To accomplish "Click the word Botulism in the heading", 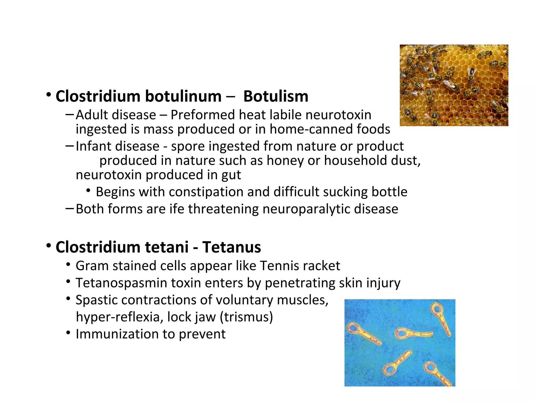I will coord(276,96).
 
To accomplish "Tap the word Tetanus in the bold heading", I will coord(231,247).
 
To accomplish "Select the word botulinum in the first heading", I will coord(183,96).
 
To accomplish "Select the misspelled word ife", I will coord(177,209).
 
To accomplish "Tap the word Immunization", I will coord(117,334).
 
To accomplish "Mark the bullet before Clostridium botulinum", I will coord(48,95).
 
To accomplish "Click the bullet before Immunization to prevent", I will coord(68,333).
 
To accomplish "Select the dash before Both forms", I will coord(70,208).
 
